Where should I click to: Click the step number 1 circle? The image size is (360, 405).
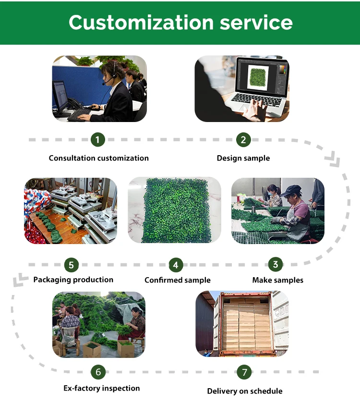coord(97,140)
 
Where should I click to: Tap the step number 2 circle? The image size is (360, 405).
coord(243,140)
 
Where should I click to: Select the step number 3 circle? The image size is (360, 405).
coord(275,264)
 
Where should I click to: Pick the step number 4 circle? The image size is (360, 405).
coord(176,265)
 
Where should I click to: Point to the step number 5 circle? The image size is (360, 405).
coord(71,265)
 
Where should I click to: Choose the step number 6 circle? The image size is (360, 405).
coord(98,371)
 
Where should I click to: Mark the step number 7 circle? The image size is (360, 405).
coord(244,371)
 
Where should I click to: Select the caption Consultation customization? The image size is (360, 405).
coord(99,158)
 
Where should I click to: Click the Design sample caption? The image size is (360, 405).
coord(243,158)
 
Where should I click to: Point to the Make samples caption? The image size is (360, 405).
coord(278,280)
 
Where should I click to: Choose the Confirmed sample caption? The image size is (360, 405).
coord(178,280)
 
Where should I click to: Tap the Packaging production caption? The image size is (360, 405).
coord(73,280)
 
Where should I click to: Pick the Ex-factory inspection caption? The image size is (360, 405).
coord(102,388)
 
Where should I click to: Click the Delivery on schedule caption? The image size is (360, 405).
coord(245,391)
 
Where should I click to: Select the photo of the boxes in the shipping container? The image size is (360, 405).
coord(242,324)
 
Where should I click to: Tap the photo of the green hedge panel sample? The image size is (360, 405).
coord(175,210)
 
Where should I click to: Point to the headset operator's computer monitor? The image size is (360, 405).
coord(60,96)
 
